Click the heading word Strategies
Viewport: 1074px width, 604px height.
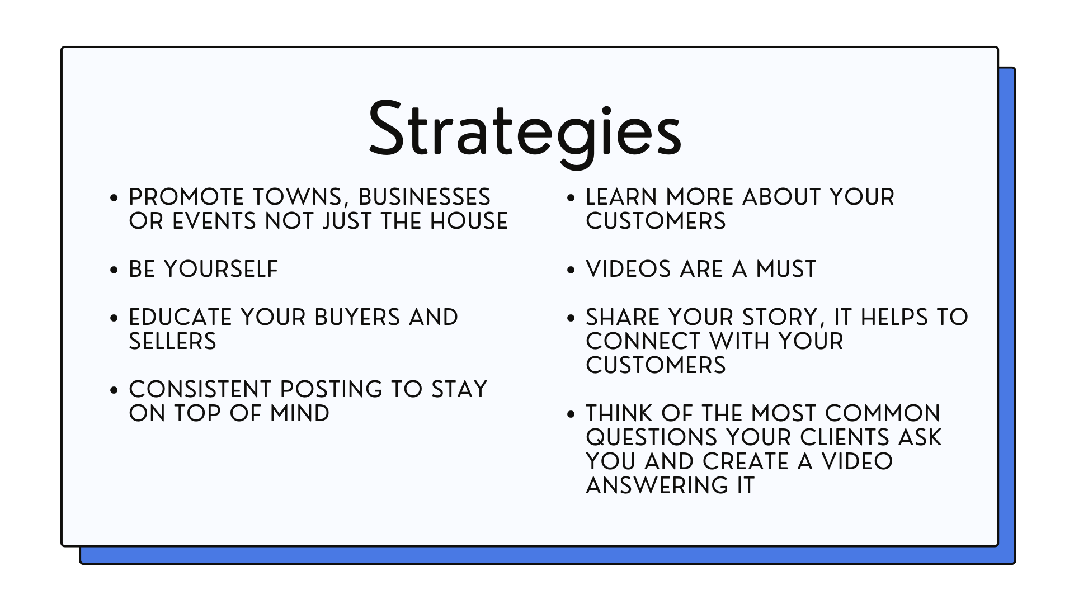(525, 133)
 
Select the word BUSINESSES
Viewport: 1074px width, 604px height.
(424, 197)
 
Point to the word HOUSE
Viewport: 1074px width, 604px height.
(469, 221)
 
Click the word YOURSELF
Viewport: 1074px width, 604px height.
(221, 269)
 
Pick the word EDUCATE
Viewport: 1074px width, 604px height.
(180, 317)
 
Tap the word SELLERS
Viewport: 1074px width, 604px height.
(172, 341)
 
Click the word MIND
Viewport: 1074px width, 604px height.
(300, 413)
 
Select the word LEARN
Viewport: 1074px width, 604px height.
(621, 197)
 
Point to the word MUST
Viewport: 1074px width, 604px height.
(786, 269)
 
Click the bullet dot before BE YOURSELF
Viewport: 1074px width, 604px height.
(115, 270)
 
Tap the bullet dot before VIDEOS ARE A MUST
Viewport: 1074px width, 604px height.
(571, 270)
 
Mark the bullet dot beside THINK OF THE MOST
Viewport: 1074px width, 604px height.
(571, 414)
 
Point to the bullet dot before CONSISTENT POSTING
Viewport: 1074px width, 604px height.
(115, 390)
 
